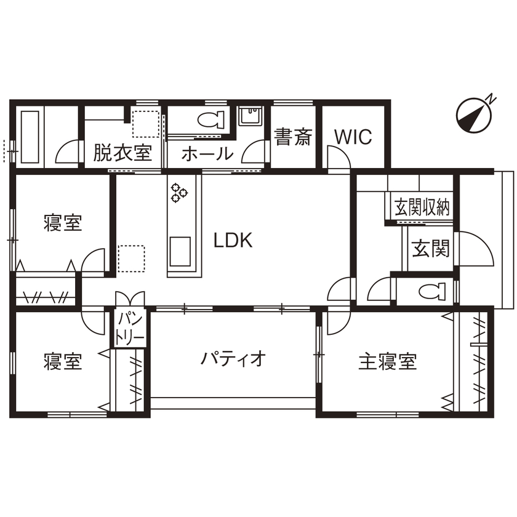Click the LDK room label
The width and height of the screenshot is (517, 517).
pyautogui.click(x=233, y=240)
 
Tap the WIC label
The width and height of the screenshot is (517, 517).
pyautogui.click(x=353, y=137)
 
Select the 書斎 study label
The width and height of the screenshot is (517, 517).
pyautogui.click(x=293, y=137)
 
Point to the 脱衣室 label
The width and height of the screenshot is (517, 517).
pyautogui.click(x=122, y=153)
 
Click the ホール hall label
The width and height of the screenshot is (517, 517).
pyautogui.click(x=207, y=154)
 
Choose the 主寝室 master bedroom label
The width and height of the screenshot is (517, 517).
pyautogui.click(x=388, y=361)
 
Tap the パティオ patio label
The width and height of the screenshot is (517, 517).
pyautogui.click(x=233, y=358)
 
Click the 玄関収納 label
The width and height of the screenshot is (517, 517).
pyautogui.click(x=422, y=207)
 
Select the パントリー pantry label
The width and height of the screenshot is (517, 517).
pyautogui.click(x=131, y=328)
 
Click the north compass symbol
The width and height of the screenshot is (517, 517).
pyautogui.click(x=476, y=114)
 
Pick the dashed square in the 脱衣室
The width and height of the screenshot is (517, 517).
pyautogui.click(x=145, y=124)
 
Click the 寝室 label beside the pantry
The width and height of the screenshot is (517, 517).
pyautogui.click(x=63, y=361)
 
